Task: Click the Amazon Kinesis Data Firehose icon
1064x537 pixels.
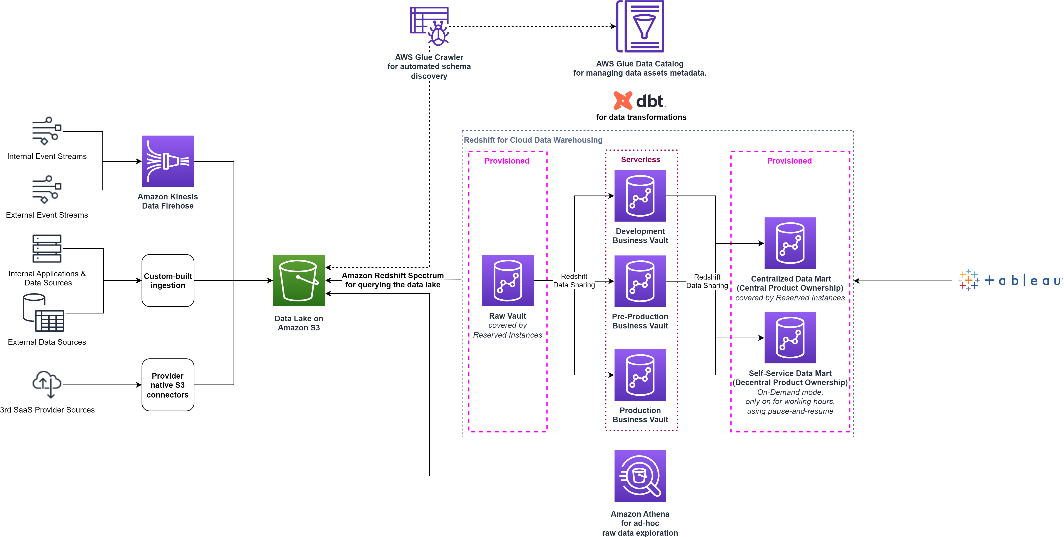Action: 168,161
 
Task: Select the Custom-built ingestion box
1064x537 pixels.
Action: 168,281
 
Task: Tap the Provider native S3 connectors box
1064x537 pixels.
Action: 168,385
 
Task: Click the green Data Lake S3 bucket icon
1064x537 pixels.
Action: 299,281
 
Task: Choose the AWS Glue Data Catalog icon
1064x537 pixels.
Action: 640,27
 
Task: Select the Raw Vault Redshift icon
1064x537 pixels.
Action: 508,281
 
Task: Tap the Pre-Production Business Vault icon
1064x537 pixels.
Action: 640,281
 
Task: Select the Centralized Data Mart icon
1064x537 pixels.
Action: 790,243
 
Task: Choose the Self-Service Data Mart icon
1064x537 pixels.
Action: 790,338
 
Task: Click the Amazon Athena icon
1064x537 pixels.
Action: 640,476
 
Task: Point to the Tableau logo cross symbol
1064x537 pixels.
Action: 968,281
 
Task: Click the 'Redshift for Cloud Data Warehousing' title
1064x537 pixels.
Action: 533,140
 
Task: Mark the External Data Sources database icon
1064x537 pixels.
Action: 43,313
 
